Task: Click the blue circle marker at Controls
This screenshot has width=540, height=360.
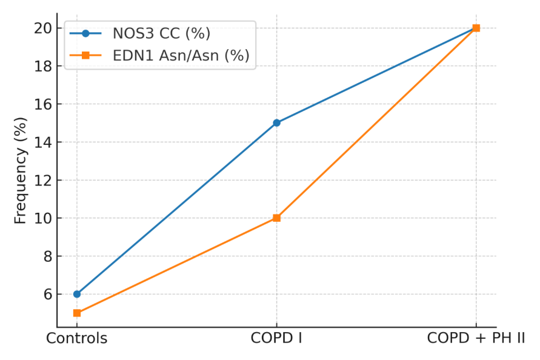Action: [x=77, y=294]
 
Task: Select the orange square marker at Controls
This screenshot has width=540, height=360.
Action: [x=77, y=313]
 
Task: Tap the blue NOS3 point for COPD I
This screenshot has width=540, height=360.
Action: [x=276, y=122]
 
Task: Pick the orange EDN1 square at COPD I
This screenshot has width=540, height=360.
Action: [x=276, y=218]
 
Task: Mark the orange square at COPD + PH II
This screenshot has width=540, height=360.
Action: [x=476, y=28]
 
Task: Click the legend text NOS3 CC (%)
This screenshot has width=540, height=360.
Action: [x=162, y=33]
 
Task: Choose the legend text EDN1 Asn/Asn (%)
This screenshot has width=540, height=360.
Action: [x=181, y=56]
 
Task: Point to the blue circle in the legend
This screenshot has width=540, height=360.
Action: [x=85, y=33]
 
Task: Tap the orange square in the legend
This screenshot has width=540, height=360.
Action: [x=85, y=55]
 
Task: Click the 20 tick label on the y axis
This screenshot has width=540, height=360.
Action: [x=43, y=28]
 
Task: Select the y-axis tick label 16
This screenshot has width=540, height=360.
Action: [x=43, y=104]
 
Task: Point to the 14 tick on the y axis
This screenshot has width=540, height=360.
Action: [x=43, y=142]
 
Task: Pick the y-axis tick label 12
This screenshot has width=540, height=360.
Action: [x=43, y=180]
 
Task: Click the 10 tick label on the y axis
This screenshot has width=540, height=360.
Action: [x=43, y=218]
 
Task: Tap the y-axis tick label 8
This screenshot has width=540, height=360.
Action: [x=48, y=256]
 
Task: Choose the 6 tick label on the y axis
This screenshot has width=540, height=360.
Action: [x=48, y=295]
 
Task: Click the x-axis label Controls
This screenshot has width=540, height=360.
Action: [x=77, y=338]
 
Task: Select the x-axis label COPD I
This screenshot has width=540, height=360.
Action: [x=276, y=338]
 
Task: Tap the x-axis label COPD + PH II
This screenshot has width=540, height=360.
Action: [x=476, y=338]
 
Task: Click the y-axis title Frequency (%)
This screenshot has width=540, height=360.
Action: [x=21, y=170]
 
